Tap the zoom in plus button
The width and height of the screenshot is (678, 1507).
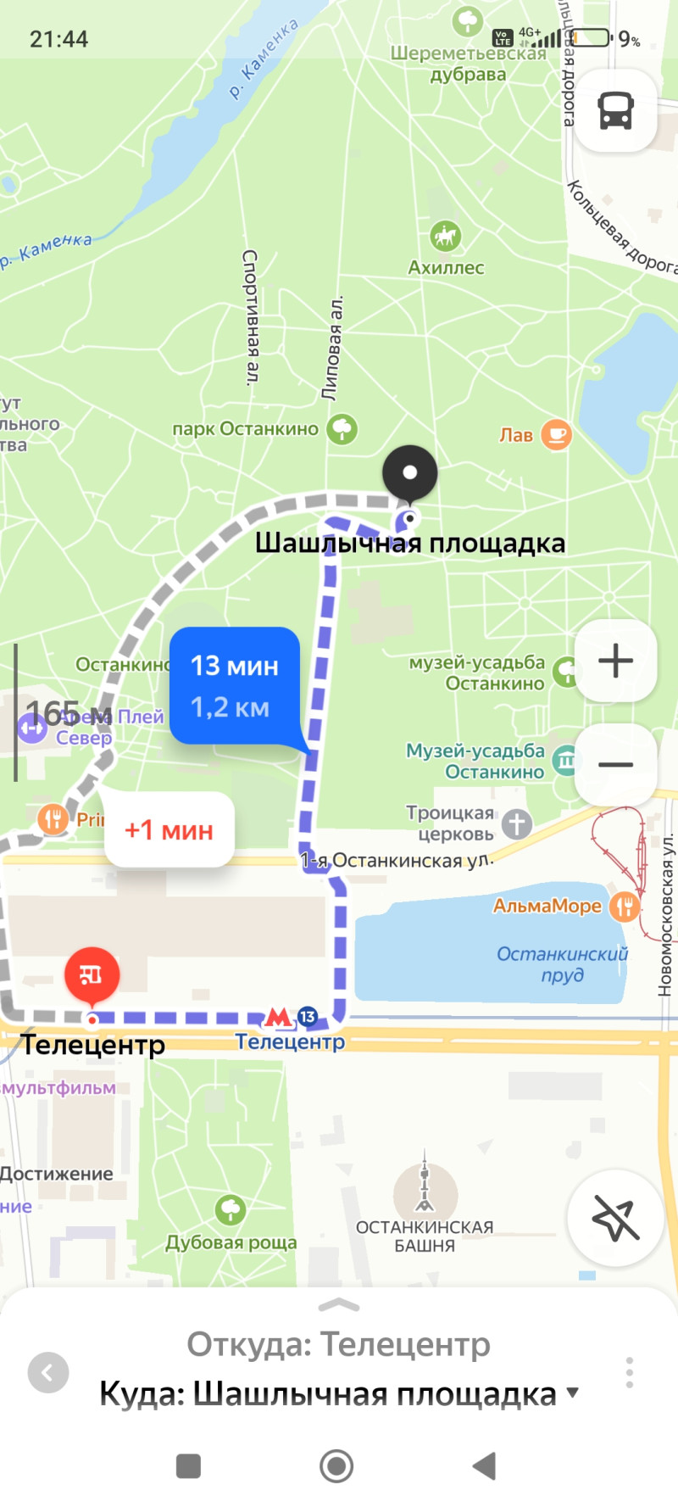616,661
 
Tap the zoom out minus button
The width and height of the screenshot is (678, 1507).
616,764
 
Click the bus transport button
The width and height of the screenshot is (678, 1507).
616,110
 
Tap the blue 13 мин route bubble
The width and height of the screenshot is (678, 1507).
235,685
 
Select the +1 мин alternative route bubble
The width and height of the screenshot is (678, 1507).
169,829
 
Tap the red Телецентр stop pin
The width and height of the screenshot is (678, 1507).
92,974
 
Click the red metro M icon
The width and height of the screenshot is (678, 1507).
278,1016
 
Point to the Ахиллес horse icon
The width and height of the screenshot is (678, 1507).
446,236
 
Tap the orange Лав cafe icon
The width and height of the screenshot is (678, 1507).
556,435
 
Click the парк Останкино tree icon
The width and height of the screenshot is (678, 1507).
342,429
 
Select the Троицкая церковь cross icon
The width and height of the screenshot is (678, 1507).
516,823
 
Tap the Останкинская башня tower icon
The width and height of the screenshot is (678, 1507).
425,1186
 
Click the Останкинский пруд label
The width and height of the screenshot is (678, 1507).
563,964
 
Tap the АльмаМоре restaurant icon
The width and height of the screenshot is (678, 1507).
625,907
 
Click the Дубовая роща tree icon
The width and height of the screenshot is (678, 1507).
231,1209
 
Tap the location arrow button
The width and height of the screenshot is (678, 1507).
615,1219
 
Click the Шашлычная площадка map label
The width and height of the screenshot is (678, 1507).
410,543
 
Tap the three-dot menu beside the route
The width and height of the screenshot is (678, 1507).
629,1371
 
